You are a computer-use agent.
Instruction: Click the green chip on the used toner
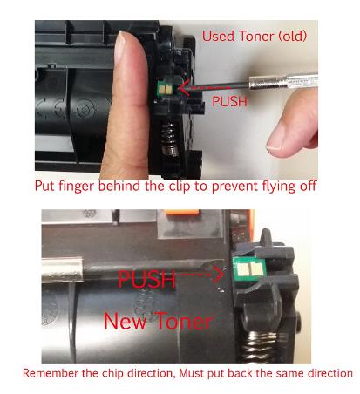pyautogui.click(x=165, y=89)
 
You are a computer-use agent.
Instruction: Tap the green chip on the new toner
pyautogui.click(x=249, y=268)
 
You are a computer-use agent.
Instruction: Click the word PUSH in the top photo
pyautogui.click(x=229, y=101)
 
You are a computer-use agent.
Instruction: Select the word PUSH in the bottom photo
pyautogui.click(x=147, y=279)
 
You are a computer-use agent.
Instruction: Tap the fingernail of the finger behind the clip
pyautogui.click(x=120, y=46)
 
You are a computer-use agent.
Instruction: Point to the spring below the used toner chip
pyautogui.click(x=169, y=137)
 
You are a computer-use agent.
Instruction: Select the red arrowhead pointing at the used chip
pyautogui.click(x=183, y=87)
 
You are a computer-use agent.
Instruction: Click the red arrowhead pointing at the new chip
pyautogui.click(x=219, y=275)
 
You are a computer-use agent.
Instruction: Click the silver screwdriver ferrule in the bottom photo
pyautogui.click(x=62, y=269)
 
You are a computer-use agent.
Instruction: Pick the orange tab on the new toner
pyautogui.click(x=184, y=212)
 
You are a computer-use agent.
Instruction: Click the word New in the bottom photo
pyautogui.click(x=126, y=321)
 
